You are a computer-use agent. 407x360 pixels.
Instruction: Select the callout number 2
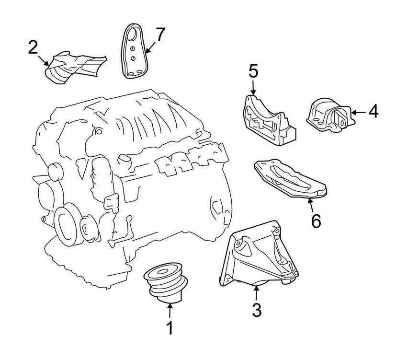33,47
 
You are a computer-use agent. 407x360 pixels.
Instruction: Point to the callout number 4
373,112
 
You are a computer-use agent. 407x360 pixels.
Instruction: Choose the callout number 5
253,72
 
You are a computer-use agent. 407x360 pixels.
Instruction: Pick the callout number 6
315,221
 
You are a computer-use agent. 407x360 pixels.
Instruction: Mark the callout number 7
159,35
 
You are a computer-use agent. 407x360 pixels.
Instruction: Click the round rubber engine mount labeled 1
166,283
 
